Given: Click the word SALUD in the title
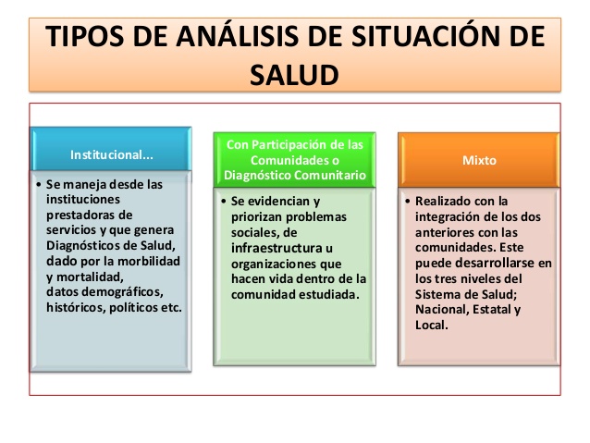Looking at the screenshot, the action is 294,75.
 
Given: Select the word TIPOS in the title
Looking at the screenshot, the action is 85,36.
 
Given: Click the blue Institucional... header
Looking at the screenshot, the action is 112,154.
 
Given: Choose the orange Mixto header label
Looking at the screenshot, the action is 479,160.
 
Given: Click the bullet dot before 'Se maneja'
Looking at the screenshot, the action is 39,185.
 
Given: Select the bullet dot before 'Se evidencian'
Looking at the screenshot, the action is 224,202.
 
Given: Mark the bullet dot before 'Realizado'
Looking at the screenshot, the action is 408,202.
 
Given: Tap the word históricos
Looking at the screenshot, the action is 76,307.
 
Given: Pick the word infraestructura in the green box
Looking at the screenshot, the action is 277,248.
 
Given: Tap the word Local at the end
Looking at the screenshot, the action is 432,325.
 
